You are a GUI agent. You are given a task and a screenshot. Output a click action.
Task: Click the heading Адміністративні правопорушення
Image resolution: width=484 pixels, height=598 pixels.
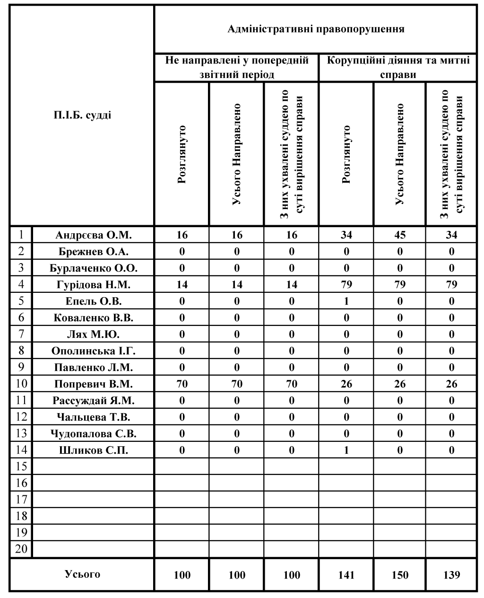(316, 29)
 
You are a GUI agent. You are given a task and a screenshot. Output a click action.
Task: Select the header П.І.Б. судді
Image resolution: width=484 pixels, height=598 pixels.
(82, 115)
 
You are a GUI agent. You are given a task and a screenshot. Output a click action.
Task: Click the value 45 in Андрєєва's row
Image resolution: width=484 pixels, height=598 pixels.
(400, 235)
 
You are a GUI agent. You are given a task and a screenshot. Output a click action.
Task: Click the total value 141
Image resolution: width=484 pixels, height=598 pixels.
(346, 575)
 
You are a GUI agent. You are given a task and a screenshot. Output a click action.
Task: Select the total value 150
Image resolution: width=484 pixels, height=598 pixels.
(400, 575)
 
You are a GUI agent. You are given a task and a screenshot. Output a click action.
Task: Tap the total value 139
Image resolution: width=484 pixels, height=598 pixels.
(451, 575)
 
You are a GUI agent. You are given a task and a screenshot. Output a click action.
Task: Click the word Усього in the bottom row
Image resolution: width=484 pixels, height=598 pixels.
(82, 574)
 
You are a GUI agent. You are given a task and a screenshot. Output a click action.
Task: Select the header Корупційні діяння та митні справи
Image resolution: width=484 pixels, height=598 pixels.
(398, 68)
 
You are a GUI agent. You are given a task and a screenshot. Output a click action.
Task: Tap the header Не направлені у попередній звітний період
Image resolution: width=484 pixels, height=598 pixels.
(237, 68)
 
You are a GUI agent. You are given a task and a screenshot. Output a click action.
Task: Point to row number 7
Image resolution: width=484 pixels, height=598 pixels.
(21, 334)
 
